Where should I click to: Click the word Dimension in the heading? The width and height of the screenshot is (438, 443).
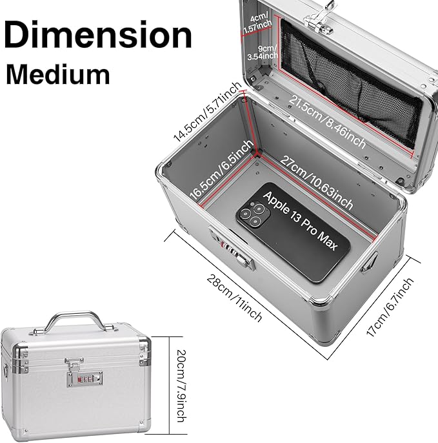click(x=99, y=34)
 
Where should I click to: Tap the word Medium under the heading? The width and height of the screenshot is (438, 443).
click(x=58, y=75)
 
